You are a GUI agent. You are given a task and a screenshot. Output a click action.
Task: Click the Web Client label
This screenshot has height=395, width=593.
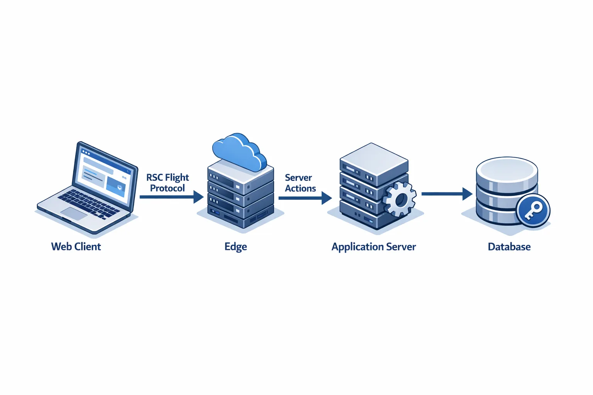click(x=76, y=246)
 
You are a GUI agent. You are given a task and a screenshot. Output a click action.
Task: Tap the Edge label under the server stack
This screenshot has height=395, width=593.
click(x=236, y=247)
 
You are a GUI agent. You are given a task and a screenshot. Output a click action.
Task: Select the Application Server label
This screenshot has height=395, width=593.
click(x=374, y=247)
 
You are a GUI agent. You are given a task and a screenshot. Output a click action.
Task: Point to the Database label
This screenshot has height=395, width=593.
click(x=509, y=247)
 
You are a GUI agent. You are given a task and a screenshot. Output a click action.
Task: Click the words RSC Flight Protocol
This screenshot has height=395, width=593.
click(x=168, y=183)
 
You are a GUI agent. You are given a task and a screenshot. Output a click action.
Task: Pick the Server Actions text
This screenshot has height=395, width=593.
click(x=300, y=183)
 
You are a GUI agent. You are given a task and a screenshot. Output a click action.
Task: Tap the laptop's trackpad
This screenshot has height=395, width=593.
click(x=74, y=213)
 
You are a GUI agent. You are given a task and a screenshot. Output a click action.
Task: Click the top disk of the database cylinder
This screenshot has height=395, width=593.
click(x=507, y=168)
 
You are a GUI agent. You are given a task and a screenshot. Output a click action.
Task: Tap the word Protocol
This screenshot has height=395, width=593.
click(x=168, y=188)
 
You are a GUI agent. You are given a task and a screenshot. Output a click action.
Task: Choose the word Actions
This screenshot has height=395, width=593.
click(x=300, y=188)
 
